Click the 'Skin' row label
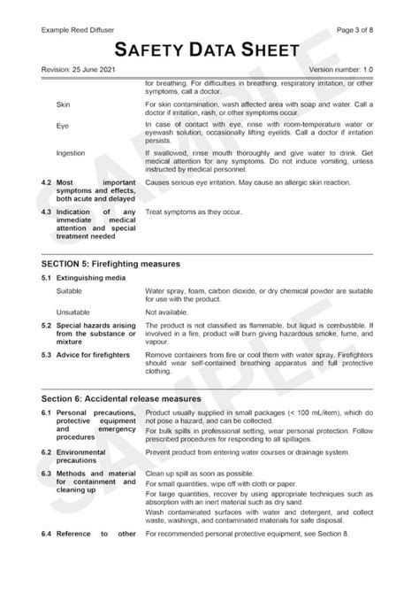point(64,104)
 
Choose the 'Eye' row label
point(62,127)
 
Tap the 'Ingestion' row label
point(71,153)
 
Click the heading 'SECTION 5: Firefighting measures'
point(110,264)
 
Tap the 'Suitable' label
point(70,291)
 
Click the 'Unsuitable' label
point(73,312)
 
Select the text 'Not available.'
point(168,312)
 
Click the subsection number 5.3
point(46,355)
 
